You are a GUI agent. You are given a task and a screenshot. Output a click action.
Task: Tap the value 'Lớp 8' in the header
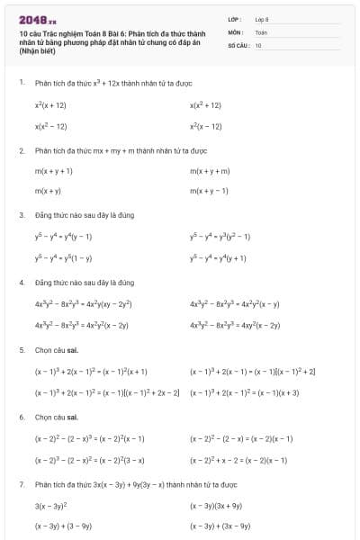point(262,19)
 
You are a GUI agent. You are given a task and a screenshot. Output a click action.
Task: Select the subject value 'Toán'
point(261,31)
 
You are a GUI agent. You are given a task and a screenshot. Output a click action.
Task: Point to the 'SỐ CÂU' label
point(238,44)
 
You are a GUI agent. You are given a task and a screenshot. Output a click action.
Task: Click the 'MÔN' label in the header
point(236,31)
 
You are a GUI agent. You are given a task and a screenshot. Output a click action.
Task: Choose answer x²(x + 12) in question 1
point(50,105)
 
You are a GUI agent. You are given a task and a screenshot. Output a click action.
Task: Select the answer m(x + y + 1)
point(54,170)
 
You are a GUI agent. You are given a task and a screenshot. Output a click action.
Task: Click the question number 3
point(22,215)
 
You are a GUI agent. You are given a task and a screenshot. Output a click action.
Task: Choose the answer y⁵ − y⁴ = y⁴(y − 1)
point(63,237)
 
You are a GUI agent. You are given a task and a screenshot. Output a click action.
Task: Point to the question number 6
point(22,418)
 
